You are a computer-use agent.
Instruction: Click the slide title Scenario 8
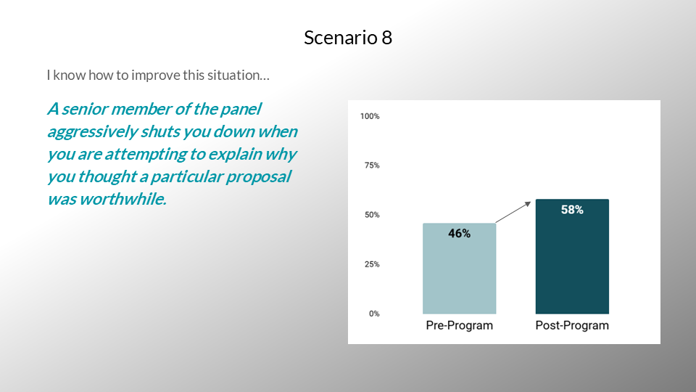pos(348,37)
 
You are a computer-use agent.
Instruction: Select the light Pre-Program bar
pos(460,269)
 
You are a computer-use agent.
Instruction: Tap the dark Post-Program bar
pos(572,256)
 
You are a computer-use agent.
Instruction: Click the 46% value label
pos(460,233)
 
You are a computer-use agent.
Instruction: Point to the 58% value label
pos(572,210)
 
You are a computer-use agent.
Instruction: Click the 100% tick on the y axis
pos(370,116)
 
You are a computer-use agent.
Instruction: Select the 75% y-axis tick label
pos(372,166)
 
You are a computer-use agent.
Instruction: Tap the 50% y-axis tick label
pos(372,215)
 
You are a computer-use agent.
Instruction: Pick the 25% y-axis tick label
pos(372,264)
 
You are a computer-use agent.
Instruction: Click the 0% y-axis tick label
pos(374,314)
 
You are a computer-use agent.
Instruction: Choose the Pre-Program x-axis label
pos(460,325)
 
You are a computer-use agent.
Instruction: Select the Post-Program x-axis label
pos(572,325)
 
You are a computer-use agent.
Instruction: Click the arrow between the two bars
pos(513,212)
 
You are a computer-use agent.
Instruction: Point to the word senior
pos(84,109)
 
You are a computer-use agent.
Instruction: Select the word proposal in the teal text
pos(258,177)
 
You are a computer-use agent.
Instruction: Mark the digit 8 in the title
pos(386,38)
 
